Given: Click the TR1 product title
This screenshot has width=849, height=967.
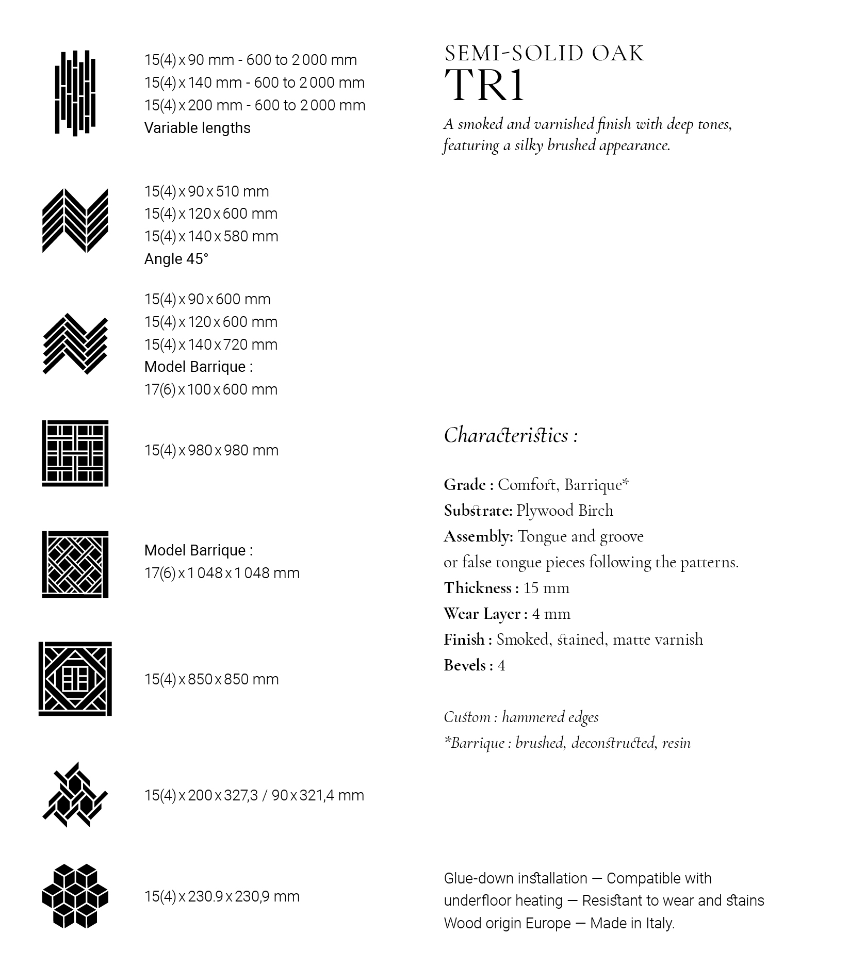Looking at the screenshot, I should (484, 85).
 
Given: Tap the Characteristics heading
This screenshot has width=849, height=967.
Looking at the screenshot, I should (510, 435).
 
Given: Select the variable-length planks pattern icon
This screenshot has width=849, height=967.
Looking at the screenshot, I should (75, 93).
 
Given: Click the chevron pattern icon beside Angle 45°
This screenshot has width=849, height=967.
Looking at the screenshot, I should (75, 221).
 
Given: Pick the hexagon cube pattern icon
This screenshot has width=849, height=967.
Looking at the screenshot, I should (75, 896).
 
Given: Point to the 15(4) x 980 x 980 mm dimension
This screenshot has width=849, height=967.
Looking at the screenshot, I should (211, 450).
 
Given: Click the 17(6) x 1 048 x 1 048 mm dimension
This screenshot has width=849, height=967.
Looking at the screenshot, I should (222, 573).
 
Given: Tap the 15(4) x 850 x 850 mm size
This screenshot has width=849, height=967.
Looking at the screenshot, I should (211, 679).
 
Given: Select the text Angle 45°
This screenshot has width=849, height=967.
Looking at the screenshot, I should (176, 259).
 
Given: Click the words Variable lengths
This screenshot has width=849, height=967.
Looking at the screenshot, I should (197, 128).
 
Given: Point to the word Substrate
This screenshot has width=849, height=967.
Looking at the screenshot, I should (478, 511).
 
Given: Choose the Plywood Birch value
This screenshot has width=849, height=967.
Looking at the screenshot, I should (565, 511).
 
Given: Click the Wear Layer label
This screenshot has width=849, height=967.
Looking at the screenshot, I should (485, 614).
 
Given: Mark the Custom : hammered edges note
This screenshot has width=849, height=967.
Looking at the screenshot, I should (521, 717).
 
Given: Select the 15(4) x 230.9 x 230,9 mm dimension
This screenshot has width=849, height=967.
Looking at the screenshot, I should (222, 896).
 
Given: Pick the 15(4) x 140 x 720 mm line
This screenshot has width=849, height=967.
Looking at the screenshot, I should (211, 345).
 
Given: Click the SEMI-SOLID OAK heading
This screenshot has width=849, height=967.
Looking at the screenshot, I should (544, 54).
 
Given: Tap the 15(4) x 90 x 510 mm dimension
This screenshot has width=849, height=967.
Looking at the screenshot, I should (206, 191).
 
